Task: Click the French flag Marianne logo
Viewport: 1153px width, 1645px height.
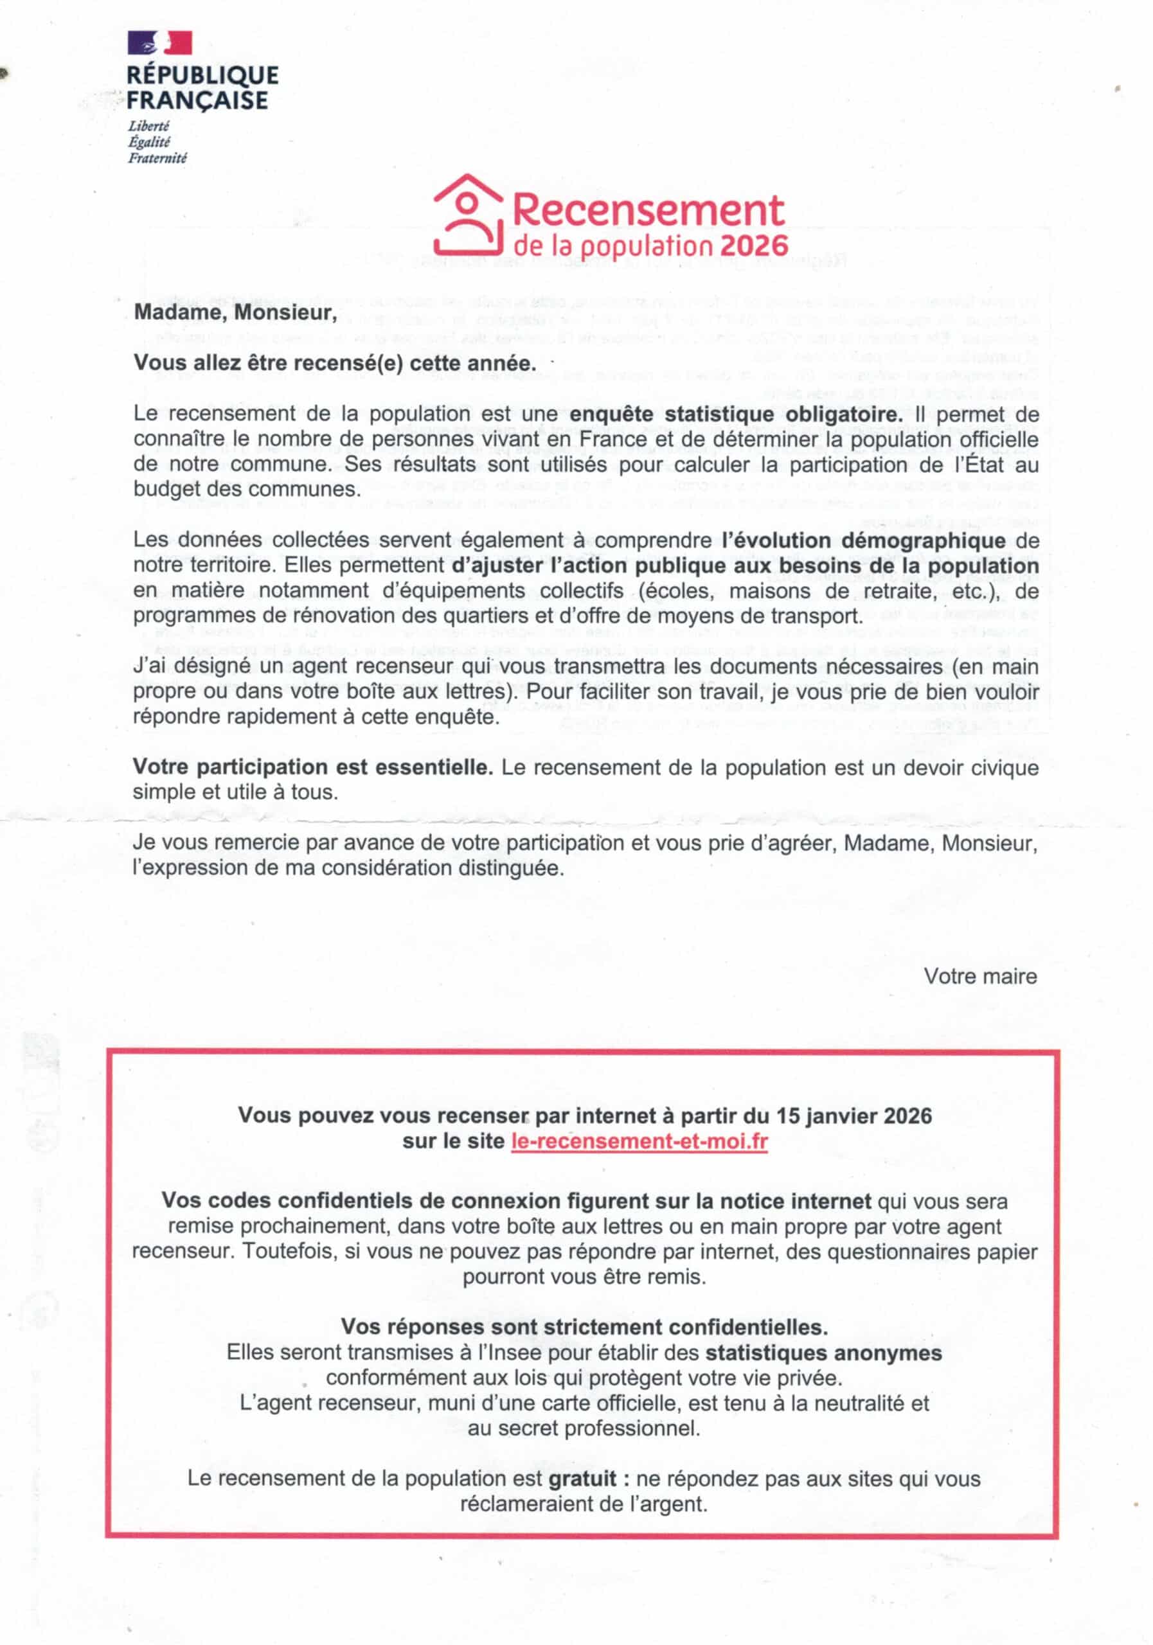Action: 160,43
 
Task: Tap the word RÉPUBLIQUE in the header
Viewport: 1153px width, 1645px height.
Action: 202,75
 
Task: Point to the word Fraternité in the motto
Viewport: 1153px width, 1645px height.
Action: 157,158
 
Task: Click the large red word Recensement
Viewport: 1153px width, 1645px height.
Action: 648,210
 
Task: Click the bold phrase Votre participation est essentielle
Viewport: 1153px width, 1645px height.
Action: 312,767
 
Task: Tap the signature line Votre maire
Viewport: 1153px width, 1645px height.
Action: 979,976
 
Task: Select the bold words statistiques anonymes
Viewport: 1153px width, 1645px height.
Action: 823,1353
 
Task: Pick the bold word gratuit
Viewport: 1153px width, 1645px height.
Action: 582,1478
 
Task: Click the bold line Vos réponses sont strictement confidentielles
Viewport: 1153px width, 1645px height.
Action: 584,1327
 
